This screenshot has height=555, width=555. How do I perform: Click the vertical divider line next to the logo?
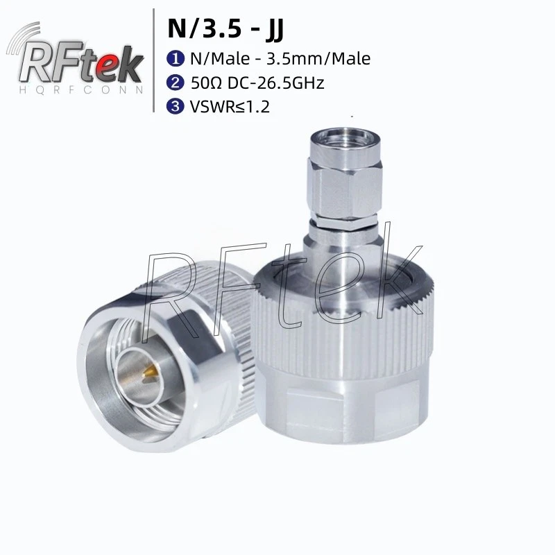tap(153, 59)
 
